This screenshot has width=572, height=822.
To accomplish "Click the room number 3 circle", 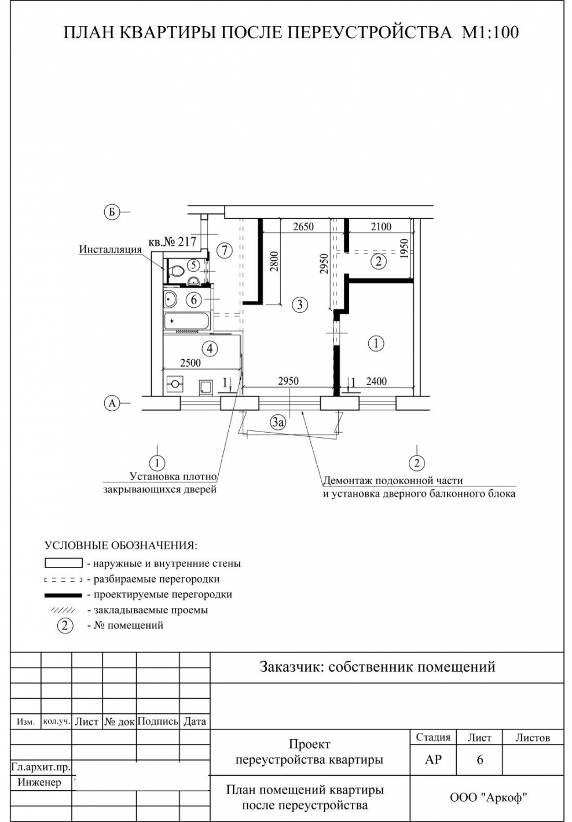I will (x=299, y=304).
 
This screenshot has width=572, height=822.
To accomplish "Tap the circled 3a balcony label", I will (x=278, y=422).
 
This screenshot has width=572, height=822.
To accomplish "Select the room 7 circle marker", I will (x=224, y=250).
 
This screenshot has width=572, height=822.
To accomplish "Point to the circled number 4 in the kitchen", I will (x=210, y=348).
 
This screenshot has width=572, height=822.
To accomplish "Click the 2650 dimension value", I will (x=303, y=227).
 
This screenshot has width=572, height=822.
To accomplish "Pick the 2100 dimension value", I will (x=380, y=227).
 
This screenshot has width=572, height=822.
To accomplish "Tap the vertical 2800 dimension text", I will (x=274, y=261).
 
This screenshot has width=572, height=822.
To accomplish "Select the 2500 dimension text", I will (x=190, y=363).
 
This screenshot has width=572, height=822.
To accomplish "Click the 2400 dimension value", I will (x=376, y=381).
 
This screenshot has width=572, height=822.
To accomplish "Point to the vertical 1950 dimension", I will (x=404, y=249).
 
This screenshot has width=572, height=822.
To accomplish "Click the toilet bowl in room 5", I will (x=177, y=269).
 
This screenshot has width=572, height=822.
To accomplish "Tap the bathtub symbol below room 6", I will (x=188, y=320).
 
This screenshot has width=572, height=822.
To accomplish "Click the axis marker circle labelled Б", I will (x=111, y=212).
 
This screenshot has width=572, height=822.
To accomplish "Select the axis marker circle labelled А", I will (x=112, y=403).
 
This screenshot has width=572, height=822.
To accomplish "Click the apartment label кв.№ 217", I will (x=173, y=242).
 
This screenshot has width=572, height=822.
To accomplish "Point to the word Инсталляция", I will (x=110, y=249).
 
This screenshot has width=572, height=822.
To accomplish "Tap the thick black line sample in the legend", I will (x=63, y=595).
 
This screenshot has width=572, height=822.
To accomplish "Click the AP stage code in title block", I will (x=433, y=760).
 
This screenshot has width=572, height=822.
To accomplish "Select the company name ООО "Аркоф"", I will (x=488, y=798).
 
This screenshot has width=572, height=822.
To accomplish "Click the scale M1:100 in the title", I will (x=490, y=32).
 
